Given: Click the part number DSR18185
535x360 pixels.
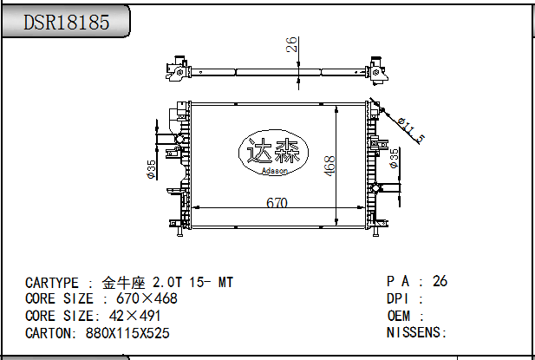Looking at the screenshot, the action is click(67, 23).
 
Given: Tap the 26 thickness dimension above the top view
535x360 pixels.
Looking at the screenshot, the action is click(291, 44).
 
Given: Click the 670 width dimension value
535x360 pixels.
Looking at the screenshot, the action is click(277, 203).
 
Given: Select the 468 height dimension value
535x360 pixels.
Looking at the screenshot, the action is click(329, 166).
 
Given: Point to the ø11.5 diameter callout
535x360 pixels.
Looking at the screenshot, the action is click(412, 130).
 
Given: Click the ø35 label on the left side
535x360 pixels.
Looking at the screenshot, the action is click(151, 169).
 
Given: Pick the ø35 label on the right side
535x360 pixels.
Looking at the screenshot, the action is click(394, 158).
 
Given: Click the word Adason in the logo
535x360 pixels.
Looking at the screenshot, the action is click(275, 171).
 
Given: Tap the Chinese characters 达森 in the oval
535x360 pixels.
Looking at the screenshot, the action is click(273, 151).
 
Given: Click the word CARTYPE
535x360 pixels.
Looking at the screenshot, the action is click(52, 283).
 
